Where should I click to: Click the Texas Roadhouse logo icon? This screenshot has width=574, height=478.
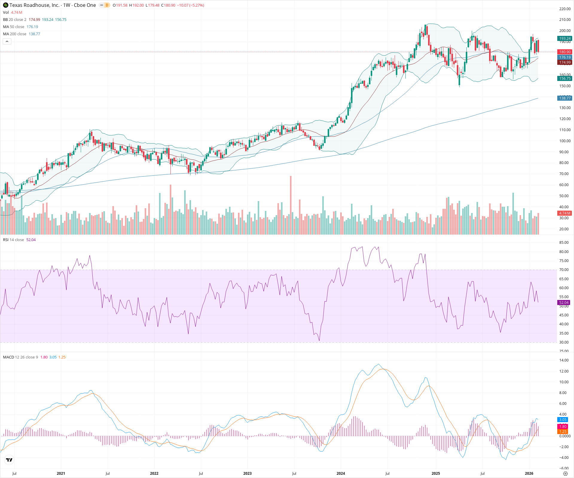tap(6, 5)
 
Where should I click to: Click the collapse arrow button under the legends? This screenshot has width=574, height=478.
tap(7, 41)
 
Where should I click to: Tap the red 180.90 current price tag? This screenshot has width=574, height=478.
tap(565, 52)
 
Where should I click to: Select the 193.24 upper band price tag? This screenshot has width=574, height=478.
tap(565, 38)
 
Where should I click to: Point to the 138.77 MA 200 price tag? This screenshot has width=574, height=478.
tap(565, 98)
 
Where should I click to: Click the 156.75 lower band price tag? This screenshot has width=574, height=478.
tap(565, 78)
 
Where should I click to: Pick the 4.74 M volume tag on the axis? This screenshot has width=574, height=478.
tap(565, 213)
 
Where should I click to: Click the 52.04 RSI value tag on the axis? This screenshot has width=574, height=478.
tap(564, 302)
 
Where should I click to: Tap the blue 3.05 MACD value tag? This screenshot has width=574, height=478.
tap(563, 419)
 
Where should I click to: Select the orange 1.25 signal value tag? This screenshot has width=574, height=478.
tap(563, 431)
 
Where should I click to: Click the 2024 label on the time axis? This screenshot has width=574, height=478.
tap(341, 473)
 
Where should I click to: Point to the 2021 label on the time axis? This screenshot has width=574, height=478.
tap(61, 473)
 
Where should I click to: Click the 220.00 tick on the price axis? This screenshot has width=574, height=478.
tap(565, 9)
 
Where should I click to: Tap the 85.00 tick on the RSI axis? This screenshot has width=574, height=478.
tap(564, 243)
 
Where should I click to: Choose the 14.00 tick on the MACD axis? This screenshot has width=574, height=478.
tap(564, 360)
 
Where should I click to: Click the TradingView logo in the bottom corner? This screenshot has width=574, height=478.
tap(9, 460)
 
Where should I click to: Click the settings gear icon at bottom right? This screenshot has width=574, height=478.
tap(565, 474)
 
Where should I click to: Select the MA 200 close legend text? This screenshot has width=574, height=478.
tap(15, 34)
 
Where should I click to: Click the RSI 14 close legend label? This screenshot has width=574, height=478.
tap(13, 240)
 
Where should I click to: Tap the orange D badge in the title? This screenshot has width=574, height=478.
tap(107, 5)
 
